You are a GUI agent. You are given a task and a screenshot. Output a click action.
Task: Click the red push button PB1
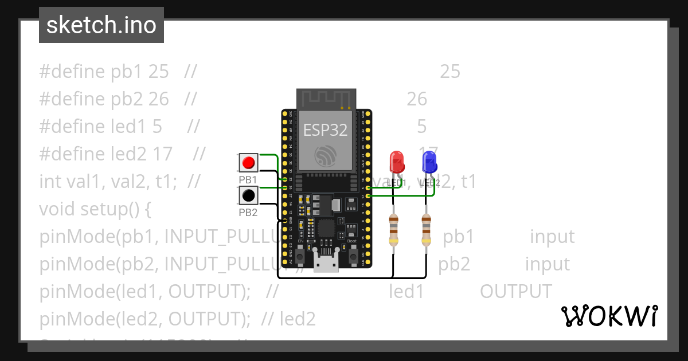pos(248,163)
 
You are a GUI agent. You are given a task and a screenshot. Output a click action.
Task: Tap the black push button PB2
pos(248,196)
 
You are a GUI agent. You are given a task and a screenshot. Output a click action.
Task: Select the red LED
pos(396,162)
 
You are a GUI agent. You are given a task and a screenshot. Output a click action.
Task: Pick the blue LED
pos(429,162)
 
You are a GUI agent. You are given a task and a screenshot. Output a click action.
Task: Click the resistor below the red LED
pos(393,229)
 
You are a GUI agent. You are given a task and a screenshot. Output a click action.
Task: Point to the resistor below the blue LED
pos(426,229)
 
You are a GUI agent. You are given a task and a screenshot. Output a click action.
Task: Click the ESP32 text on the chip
pos(325,130)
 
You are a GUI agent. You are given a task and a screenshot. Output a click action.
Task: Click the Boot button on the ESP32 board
pos(352,250)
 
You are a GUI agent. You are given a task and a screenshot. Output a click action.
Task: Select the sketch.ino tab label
pos(101,25)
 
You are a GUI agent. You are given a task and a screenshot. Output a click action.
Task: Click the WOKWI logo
pos(609,316)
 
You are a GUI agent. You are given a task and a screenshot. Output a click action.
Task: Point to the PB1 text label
pos(248,179)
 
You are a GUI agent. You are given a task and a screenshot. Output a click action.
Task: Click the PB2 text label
pos(248,213)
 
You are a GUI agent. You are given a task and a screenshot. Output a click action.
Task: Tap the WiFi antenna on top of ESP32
pos(326,99)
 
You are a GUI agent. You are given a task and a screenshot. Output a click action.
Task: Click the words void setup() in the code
pos(95,209)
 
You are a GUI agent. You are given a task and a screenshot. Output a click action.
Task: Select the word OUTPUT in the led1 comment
pos(515,292)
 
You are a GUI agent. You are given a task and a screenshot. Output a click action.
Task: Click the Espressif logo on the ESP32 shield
pos(326,155)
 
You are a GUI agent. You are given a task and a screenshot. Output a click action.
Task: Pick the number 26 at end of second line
pos(417,99)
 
